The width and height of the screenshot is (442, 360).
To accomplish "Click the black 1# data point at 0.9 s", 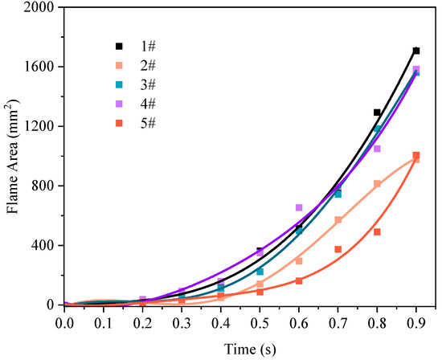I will point(415,51).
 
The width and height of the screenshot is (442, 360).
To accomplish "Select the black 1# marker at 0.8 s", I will point(377,112).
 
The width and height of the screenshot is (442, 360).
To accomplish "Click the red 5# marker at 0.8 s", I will point(377,231).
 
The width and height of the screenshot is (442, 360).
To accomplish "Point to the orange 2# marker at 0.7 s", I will point(338,219).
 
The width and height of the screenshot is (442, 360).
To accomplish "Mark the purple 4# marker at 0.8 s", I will point(377,149).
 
